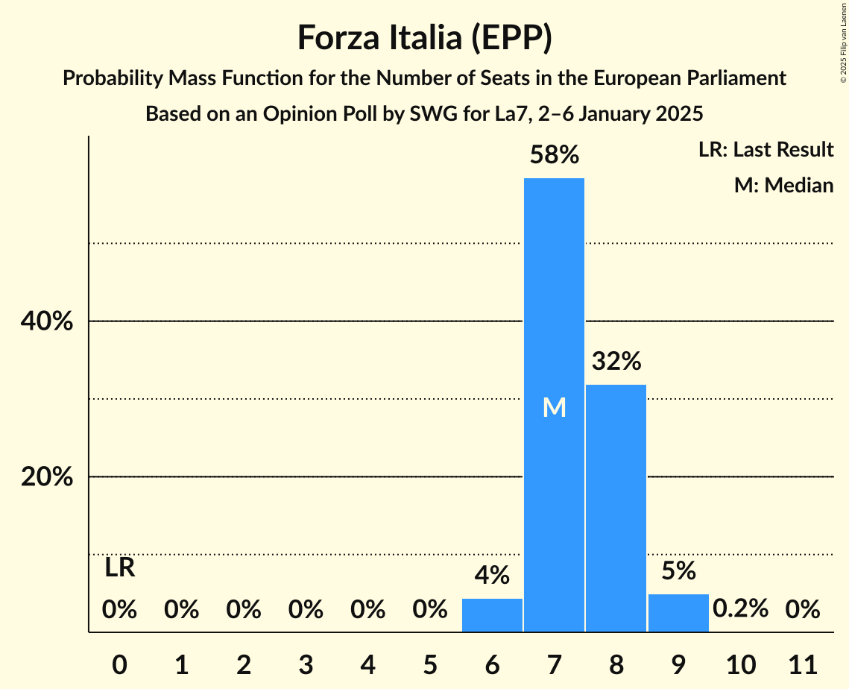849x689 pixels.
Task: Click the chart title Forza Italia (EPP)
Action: pyautogui.click(x=424, y=37)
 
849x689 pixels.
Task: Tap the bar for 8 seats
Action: pyautogui.click(x=616, y=507)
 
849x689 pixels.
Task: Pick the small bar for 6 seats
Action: pyautogui.click(x=492, y=615)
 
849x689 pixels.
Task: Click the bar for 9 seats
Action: pyautogui.click(x=678, y=613)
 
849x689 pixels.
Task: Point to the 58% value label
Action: pyautogui.click(x=554, y=155)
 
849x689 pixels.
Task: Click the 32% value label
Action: pyautogui.click(x=616, y=362)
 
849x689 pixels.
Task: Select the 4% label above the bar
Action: pyautogui.click(x=492, y=575)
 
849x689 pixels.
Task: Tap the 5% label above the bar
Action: pyautogui.click(x=678, y=570)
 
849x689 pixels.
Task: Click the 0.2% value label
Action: pyautogui.click(x=740, y=608)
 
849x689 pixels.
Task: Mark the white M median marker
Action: pyautogui.click(x=554, y=407)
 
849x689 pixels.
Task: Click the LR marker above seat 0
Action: pyautogui.click(x=119, y=568)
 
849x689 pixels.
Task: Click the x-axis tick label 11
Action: pyautogui.click(x=802, y=663)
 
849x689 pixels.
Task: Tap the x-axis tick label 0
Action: pyautogui.click(x=119, y=663)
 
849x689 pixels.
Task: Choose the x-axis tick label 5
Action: pyautogui.click(x=430, y=663)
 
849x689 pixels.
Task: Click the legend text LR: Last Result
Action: pyautogui.click(x=766, y=150)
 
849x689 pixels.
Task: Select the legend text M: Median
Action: pyautogui.click(x=783, y=185)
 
